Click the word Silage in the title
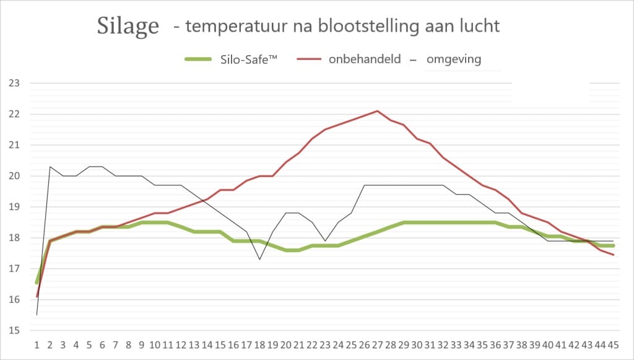128,25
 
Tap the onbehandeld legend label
365,59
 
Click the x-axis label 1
37,345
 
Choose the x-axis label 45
613,345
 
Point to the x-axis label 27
377,345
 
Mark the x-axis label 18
259,345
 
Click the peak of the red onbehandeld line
378,111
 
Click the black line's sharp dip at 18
259,259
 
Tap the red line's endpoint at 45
613,255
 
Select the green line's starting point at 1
37,282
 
